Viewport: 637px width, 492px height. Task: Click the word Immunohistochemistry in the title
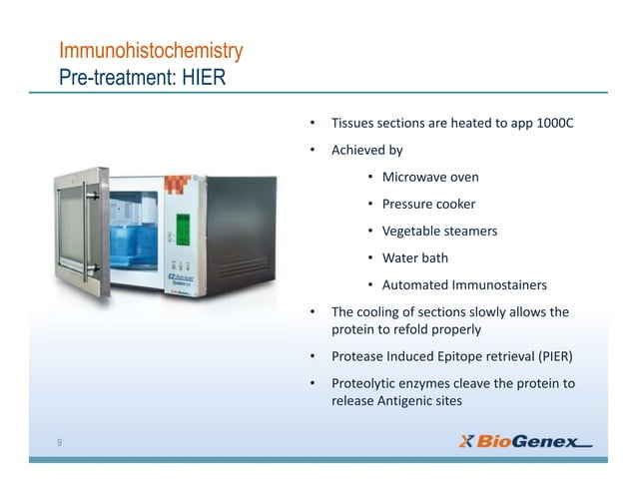tap(151, 50)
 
